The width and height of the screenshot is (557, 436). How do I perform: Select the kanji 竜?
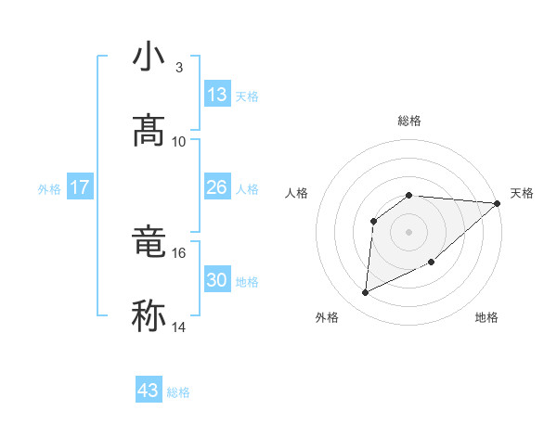(x=149, y=243)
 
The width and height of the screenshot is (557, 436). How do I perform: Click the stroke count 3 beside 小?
(x=178, y=68)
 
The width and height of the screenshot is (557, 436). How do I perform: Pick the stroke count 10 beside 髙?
(x=179, y=142)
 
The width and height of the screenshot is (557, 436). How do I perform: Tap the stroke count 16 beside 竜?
(x=179, y=252)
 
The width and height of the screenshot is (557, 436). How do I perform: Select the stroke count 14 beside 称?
(x=179, y=327)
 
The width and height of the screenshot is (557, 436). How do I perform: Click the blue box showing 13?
(x=216, y=95)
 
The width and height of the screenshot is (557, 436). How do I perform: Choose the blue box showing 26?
(x=216, y=187)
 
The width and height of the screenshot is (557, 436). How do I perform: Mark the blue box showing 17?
(x=79, y=187)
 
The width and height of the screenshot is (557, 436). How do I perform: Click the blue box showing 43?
(x=149, y=391)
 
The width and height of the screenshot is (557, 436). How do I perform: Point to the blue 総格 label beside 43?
(x=178, y=392)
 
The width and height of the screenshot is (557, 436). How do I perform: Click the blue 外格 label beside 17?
(x=49, y=189)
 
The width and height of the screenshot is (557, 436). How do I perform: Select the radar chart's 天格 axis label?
(x=522, y=193)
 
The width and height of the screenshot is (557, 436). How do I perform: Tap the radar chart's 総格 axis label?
(x=409, y=121)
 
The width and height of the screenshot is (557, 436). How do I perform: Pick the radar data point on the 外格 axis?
(x=365, y=293)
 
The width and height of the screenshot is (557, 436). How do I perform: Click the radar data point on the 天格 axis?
(x=498, y=203)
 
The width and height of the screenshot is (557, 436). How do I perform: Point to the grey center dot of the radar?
(x=409, y=231)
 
